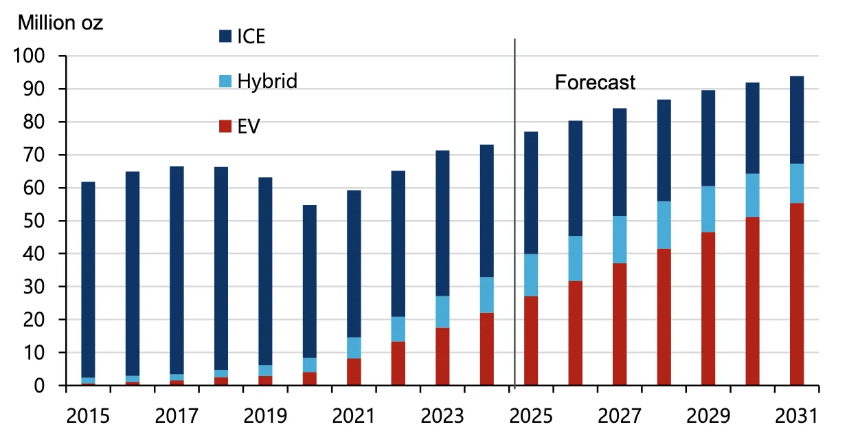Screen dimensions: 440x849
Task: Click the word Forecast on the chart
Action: pyautogui.click(x=595, y=82)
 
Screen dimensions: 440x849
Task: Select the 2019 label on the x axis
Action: pyautogui.click(x=265, y=417)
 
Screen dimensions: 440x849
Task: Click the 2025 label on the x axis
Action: pyautogui.click(x=532, y=417)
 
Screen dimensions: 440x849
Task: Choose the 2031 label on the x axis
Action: pyautogui.click(x=797, y=417)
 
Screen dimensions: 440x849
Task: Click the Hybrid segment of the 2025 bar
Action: pyautogui.click(x=531, y=275)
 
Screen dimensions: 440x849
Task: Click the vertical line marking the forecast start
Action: pyautogui.click(x=514, y=206)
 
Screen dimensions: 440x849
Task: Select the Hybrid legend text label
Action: pyautogui.click(x=267, y=81)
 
